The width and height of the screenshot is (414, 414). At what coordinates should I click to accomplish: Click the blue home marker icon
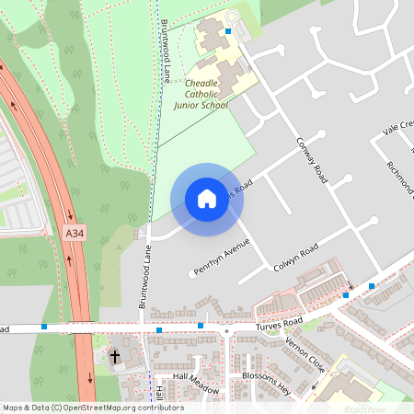pos(206,199)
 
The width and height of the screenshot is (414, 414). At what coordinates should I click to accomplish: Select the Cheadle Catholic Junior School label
pos(206,93)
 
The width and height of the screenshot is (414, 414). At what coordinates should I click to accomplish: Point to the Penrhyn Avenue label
pos(222,259)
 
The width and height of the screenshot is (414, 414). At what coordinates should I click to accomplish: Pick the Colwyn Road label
pos(296,256)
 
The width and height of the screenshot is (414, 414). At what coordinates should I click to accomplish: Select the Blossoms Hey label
pos(266,384)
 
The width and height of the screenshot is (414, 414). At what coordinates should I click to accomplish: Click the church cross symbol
pos(116,356)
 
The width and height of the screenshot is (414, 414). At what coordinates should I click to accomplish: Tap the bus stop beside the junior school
pos(227,31)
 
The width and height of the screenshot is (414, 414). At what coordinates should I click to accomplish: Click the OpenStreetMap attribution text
pos(92,408)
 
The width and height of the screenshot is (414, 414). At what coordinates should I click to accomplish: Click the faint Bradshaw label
pos(368,406)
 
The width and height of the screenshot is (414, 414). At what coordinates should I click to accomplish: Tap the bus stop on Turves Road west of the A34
pos(44,326)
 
